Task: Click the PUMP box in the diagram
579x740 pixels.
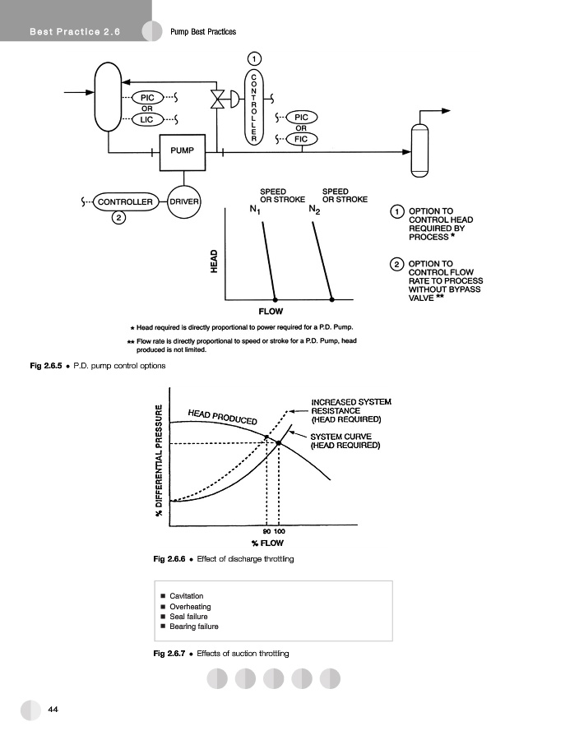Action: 183,151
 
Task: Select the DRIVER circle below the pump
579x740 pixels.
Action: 185,201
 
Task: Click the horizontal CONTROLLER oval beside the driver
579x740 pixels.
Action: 126,201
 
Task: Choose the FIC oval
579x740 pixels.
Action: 301,139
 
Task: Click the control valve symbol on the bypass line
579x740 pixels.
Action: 219,99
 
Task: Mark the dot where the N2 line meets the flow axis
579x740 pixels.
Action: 331,298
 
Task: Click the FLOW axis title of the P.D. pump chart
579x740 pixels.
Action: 271,312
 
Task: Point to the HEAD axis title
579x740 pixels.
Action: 214,261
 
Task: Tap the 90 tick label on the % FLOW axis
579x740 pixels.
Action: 267,532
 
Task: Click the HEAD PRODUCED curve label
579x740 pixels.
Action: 222,416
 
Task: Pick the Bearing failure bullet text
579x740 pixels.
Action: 194,627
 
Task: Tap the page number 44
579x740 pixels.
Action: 53,709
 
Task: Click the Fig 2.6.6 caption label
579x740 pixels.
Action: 171,559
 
